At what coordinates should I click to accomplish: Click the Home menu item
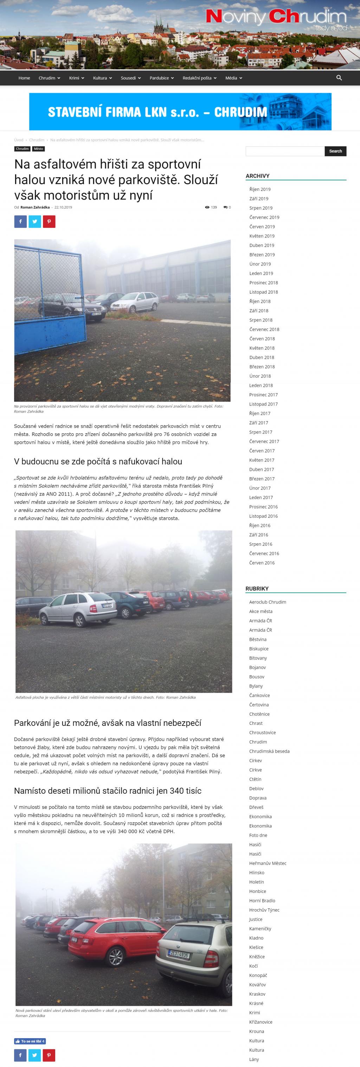[24, 78]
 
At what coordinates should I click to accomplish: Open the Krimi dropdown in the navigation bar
[76, 78]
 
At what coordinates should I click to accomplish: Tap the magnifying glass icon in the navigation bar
[339, 78]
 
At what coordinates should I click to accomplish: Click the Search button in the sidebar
[335, 151]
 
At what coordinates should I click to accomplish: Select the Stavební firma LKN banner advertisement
[180, 111]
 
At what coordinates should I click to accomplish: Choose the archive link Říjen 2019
[260, 189]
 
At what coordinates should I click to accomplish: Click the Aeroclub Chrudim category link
[267, 602]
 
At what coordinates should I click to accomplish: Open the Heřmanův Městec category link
[268, 863]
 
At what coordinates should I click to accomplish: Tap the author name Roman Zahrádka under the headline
[35, 207]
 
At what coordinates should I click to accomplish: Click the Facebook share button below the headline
[20, 222]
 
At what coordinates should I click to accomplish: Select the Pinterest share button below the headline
[49, 222]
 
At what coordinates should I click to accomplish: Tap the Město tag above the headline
[39, 149]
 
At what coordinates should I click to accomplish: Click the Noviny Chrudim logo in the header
[276, 17]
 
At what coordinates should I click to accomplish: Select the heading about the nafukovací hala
[98, 461]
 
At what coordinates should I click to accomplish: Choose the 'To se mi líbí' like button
[30, 1041]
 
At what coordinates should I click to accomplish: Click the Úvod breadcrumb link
[19, 140]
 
